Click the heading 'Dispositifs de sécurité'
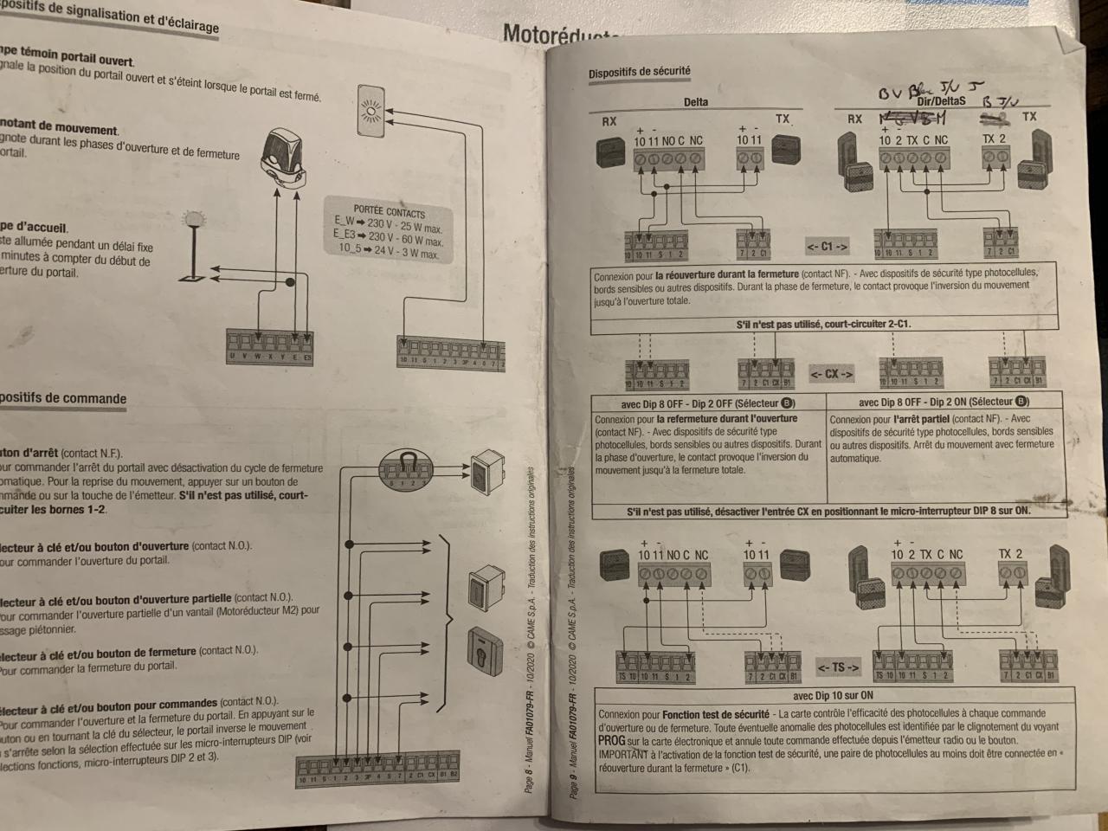[x=640, y=73]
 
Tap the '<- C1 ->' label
[x=827, y=247]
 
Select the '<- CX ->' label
[x=832, y=374]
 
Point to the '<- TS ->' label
[x=838, y=667]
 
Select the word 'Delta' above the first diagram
[x=695, y=102]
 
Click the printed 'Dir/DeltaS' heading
[x=935, y=101]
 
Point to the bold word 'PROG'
[x=611, y=742]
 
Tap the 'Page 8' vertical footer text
[x=529, y=770]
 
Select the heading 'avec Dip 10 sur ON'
[x=833, y=695]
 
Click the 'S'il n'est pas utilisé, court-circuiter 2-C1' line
[x=823, y=325]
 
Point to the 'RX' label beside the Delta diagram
[x=609, y=121]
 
